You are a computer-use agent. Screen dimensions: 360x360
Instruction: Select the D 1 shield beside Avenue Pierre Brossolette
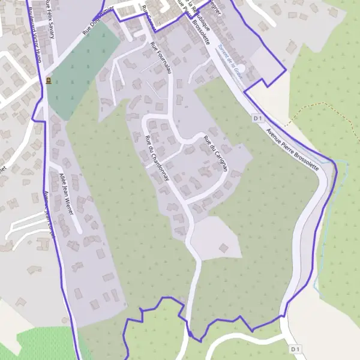click(x=258, y=118)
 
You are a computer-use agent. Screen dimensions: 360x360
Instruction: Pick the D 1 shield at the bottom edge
click(x=295, y=349)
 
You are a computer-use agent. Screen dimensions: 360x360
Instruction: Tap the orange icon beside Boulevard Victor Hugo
click(x=47, y=80)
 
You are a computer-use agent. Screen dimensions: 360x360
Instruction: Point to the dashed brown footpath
click(x=312, y=108)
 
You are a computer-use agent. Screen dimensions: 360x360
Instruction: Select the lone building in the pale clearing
click(x=223, y=247)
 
